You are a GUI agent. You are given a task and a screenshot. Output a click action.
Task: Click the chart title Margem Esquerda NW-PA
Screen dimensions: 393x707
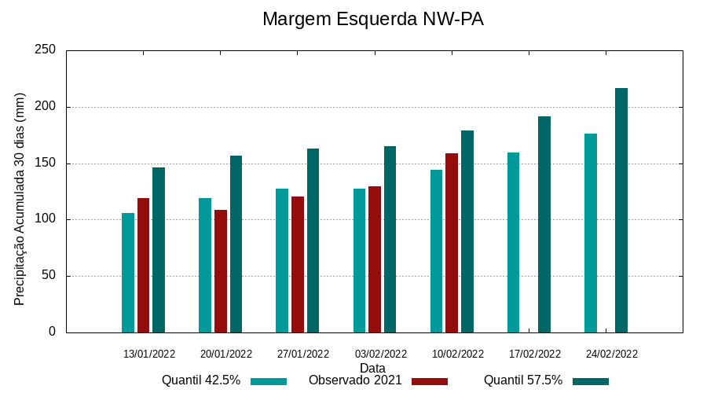pos(372,19)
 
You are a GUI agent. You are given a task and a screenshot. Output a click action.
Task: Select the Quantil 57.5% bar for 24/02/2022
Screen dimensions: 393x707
pos(621,211)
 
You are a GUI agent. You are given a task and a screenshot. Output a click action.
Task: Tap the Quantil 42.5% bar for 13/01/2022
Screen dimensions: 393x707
pos(128,273)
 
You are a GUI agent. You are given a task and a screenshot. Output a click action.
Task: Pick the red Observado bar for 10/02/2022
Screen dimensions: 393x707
pos(452,243)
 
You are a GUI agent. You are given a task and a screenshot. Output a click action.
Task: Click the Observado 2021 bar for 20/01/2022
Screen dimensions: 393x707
pos(221,271)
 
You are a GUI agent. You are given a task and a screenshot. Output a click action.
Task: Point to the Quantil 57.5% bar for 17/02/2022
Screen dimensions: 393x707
pos(544,225)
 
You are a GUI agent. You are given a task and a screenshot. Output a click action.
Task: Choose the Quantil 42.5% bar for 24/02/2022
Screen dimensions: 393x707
pos(591,233)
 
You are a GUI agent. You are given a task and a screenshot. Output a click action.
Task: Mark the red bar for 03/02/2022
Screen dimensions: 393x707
pos(375,259)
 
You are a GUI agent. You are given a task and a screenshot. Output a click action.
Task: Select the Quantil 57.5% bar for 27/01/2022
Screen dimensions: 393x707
pos(313,241)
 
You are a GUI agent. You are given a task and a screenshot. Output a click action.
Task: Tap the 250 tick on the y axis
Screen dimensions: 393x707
pos(46,50)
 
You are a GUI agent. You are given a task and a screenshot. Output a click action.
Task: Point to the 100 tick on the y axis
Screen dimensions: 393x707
pos(46,219)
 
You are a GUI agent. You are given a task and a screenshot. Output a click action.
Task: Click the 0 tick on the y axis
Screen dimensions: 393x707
pos(53,332)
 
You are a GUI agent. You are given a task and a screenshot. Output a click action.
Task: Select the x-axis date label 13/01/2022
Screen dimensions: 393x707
pos(149,354)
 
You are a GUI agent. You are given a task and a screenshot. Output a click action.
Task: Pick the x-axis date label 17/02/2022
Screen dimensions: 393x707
pos(535,354)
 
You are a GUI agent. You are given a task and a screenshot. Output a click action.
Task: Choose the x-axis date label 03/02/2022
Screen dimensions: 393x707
pos(381,354)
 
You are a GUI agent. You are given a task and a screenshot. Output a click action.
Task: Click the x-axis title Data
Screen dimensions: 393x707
pos(372,368)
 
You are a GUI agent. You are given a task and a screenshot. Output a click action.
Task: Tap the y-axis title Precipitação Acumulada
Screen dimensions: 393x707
pos(20,200)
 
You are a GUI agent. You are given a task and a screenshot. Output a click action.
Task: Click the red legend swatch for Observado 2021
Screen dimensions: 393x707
pos(429,381)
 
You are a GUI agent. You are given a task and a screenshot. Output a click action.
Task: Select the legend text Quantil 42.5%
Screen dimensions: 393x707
pos(201,380)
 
